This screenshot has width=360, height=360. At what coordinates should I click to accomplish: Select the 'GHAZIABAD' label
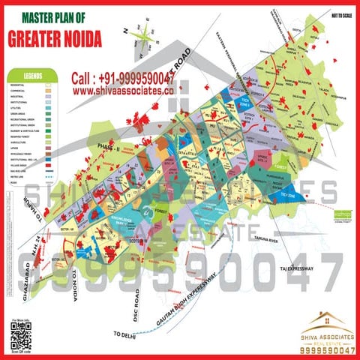pos(26,281)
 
